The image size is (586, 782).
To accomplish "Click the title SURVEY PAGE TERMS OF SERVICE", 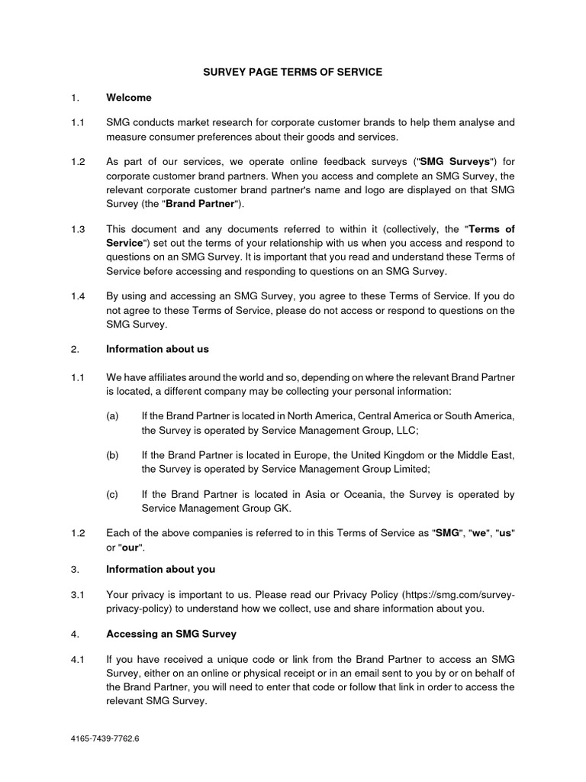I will tap(292, 72).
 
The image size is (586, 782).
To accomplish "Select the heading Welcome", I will tap(129, 98).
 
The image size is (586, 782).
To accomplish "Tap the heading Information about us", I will tap(157, 349).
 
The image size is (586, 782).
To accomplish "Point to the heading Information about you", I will tap(160, 569).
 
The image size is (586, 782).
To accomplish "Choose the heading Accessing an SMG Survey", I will tap(171, 634).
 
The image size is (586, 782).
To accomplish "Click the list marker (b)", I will tap(113, 454).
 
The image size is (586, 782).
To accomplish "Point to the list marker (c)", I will tap(113, 495).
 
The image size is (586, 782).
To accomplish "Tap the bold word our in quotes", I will tap(132, 548).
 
